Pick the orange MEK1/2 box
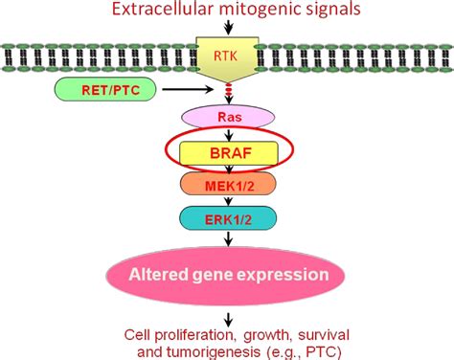pos(228,184)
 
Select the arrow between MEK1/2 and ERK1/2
pos(228,201)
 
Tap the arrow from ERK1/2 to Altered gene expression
pos(228,237)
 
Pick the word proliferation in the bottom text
pos(190,333)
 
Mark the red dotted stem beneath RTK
pos(228,92)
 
